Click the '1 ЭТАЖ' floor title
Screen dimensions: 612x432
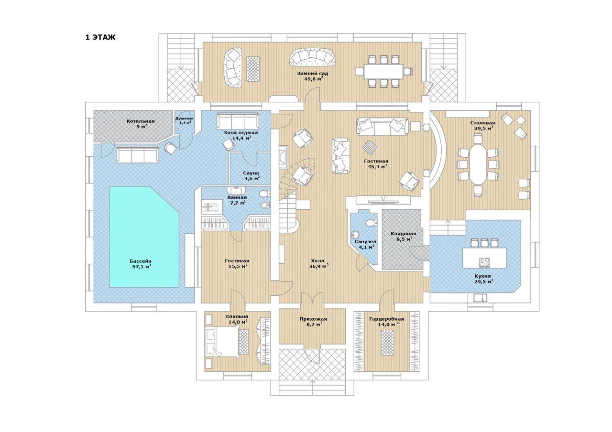point(100,37)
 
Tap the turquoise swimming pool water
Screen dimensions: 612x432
point(144,237)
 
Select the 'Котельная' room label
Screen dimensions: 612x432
point(141,121)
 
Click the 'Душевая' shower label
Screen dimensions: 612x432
point(185,118)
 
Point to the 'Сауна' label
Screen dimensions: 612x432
point(251,173)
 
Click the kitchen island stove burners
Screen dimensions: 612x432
point(484,262)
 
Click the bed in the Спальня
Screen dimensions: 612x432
point(221,342)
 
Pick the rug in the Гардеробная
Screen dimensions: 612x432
point(388,343)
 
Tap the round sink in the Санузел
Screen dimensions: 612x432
point(355,234)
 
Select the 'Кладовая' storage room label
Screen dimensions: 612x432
point(403,234)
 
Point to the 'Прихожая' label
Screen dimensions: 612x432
point(313,319)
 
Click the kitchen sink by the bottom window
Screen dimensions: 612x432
point(480,297)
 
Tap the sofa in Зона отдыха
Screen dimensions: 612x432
point(238,121)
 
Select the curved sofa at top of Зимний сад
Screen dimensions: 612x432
point(313,57)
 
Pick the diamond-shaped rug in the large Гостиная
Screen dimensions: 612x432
point(370,148)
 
